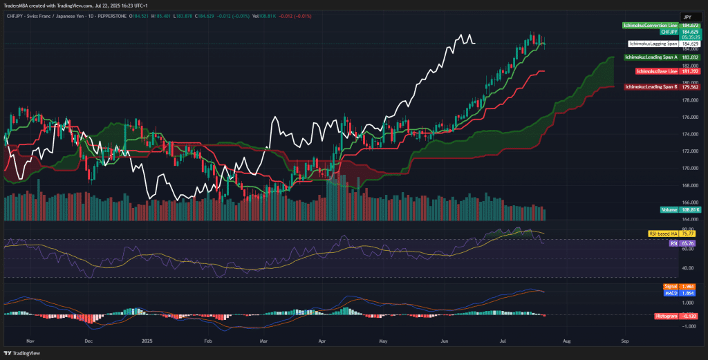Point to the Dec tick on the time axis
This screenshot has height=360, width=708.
pyautogui.click(x=88, y=341)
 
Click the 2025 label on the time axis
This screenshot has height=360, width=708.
pyautogui.click(x=146, y=341)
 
